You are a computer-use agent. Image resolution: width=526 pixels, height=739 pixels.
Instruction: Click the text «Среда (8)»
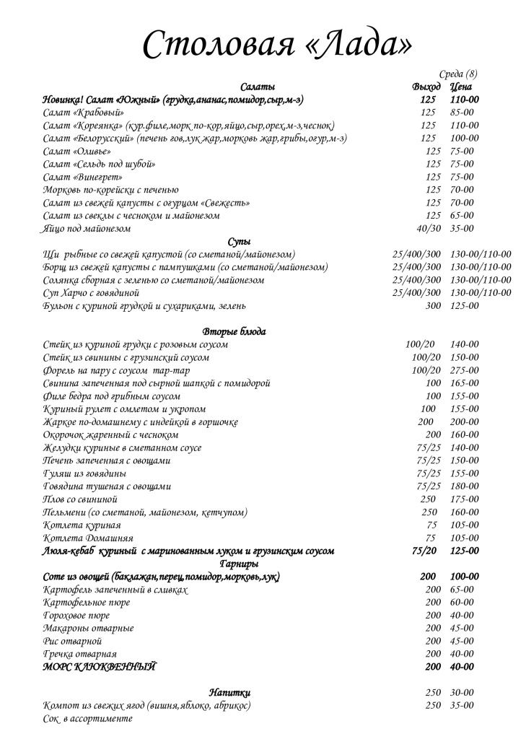(x=457, y=74)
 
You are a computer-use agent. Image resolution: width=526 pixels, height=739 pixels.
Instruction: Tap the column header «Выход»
(x=426, y=87)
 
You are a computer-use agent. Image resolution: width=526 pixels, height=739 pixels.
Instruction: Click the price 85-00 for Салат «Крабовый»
(x=462, y=113)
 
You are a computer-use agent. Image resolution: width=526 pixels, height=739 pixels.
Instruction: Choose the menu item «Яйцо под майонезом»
(x=87, y=229)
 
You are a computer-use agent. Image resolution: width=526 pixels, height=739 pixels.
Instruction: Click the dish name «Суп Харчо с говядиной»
(x=91, y=293)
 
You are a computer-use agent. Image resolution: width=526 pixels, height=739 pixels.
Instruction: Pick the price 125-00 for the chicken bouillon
(x=464, y=306)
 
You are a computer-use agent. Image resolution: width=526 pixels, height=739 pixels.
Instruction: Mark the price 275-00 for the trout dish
(x=464, y=370)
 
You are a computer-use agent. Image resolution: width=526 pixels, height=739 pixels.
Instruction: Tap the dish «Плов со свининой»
(x=80, y=499)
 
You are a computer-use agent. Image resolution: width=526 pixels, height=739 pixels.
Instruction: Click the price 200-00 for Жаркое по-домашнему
(x=464, y=422)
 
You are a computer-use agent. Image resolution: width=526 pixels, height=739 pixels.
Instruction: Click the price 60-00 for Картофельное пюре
(x=462, y=603)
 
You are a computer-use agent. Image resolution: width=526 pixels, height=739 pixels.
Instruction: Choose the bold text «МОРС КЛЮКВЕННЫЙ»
(x=100, y=667)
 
